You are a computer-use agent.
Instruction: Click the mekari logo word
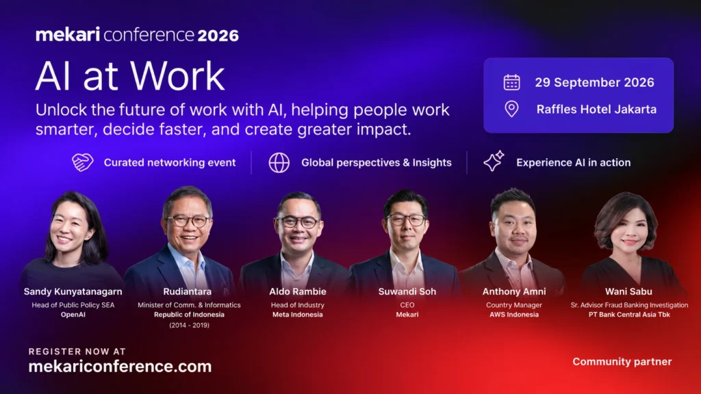tap(68, 35)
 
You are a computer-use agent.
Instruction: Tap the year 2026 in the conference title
tap(218, 36)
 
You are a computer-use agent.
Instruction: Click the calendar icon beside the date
tap(511, 82)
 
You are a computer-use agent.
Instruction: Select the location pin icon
tap(511, 109)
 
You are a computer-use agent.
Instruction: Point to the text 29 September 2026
tap(595, 83)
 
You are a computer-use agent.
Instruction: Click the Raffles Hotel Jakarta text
tap(596, 109)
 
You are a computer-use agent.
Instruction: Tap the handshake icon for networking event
tap(83, 162)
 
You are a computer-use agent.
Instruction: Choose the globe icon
tap(279, 163)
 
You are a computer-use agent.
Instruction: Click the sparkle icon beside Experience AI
tap(494, 161)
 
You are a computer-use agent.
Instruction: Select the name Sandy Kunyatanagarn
tap(73, 291)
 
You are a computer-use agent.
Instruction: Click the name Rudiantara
tap(188, 291)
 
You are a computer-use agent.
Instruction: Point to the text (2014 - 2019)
tap(189, 325)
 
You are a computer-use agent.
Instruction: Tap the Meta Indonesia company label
tap(298, 315)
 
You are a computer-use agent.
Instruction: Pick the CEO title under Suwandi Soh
tap(407, 305)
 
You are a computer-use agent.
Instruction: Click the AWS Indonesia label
tap(514, 315)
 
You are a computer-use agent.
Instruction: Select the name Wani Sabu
tap(628, 291)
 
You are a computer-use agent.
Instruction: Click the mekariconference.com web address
tap(120, 367)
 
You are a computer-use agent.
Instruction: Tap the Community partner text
tap(622, 362)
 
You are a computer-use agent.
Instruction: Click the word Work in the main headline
tap(177, 76)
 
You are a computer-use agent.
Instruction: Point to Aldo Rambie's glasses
tap(298, 222)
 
